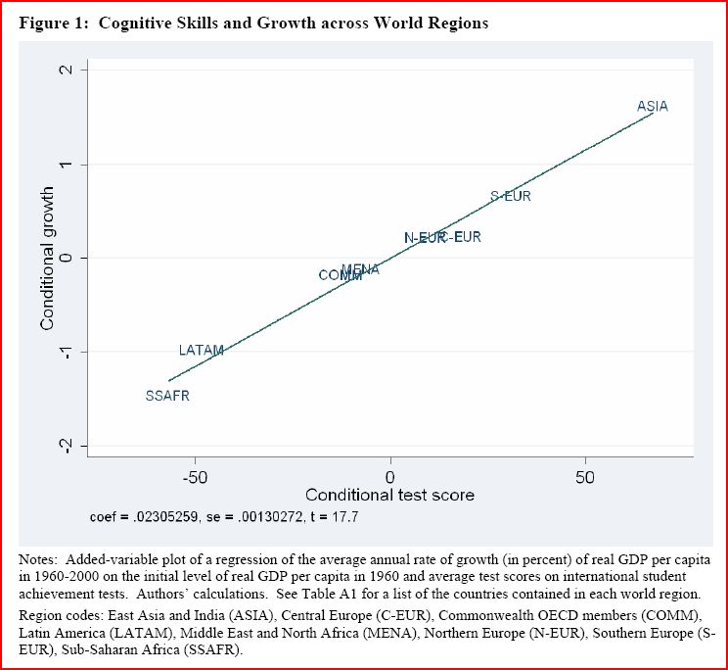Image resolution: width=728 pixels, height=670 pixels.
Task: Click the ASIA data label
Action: click(x=652, y=106)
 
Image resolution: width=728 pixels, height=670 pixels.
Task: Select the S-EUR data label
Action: click(x=510, y=196)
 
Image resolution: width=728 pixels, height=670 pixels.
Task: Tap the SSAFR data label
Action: click(x=167, y=396)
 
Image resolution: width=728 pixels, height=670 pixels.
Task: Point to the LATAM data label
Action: click(x=202, y=350)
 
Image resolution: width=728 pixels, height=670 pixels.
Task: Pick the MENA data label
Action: click(x=360, y=269)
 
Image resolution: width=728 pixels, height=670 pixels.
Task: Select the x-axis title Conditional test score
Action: click(x=389, y=495)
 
